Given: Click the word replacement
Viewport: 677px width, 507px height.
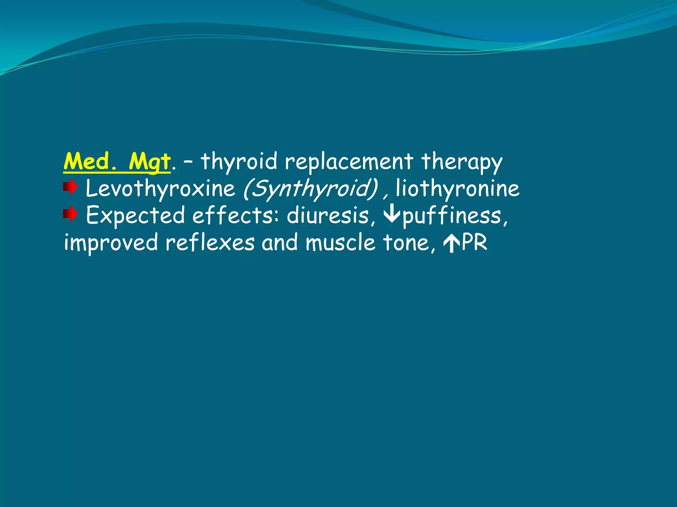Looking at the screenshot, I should coord(349,162).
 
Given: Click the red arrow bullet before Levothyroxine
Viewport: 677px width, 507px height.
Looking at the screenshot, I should coord(70,187).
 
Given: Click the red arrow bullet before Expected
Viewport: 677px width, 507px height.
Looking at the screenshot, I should coord(70,215).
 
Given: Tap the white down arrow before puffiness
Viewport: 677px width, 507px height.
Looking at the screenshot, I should coord(392,215).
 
